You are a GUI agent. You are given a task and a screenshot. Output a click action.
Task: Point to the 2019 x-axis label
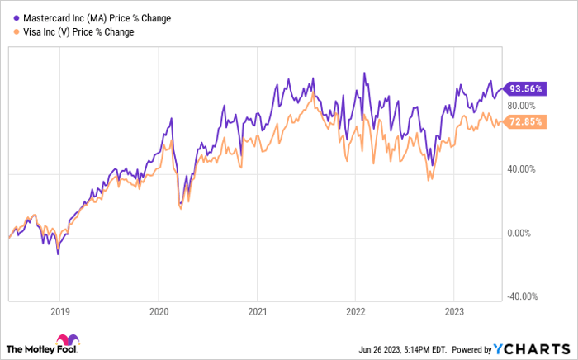59,312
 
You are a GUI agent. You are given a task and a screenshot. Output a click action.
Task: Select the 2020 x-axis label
159,312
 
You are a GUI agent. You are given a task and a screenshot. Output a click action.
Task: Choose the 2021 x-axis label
257,312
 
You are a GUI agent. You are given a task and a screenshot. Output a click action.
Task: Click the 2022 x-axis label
355,312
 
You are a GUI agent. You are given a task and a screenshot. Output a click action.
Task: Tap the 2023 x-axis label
453,312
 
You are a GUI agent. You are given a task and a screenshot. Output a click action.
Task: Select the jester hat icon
67,342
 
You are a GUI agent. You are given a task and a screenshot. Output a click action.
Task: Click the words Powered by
469,348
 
